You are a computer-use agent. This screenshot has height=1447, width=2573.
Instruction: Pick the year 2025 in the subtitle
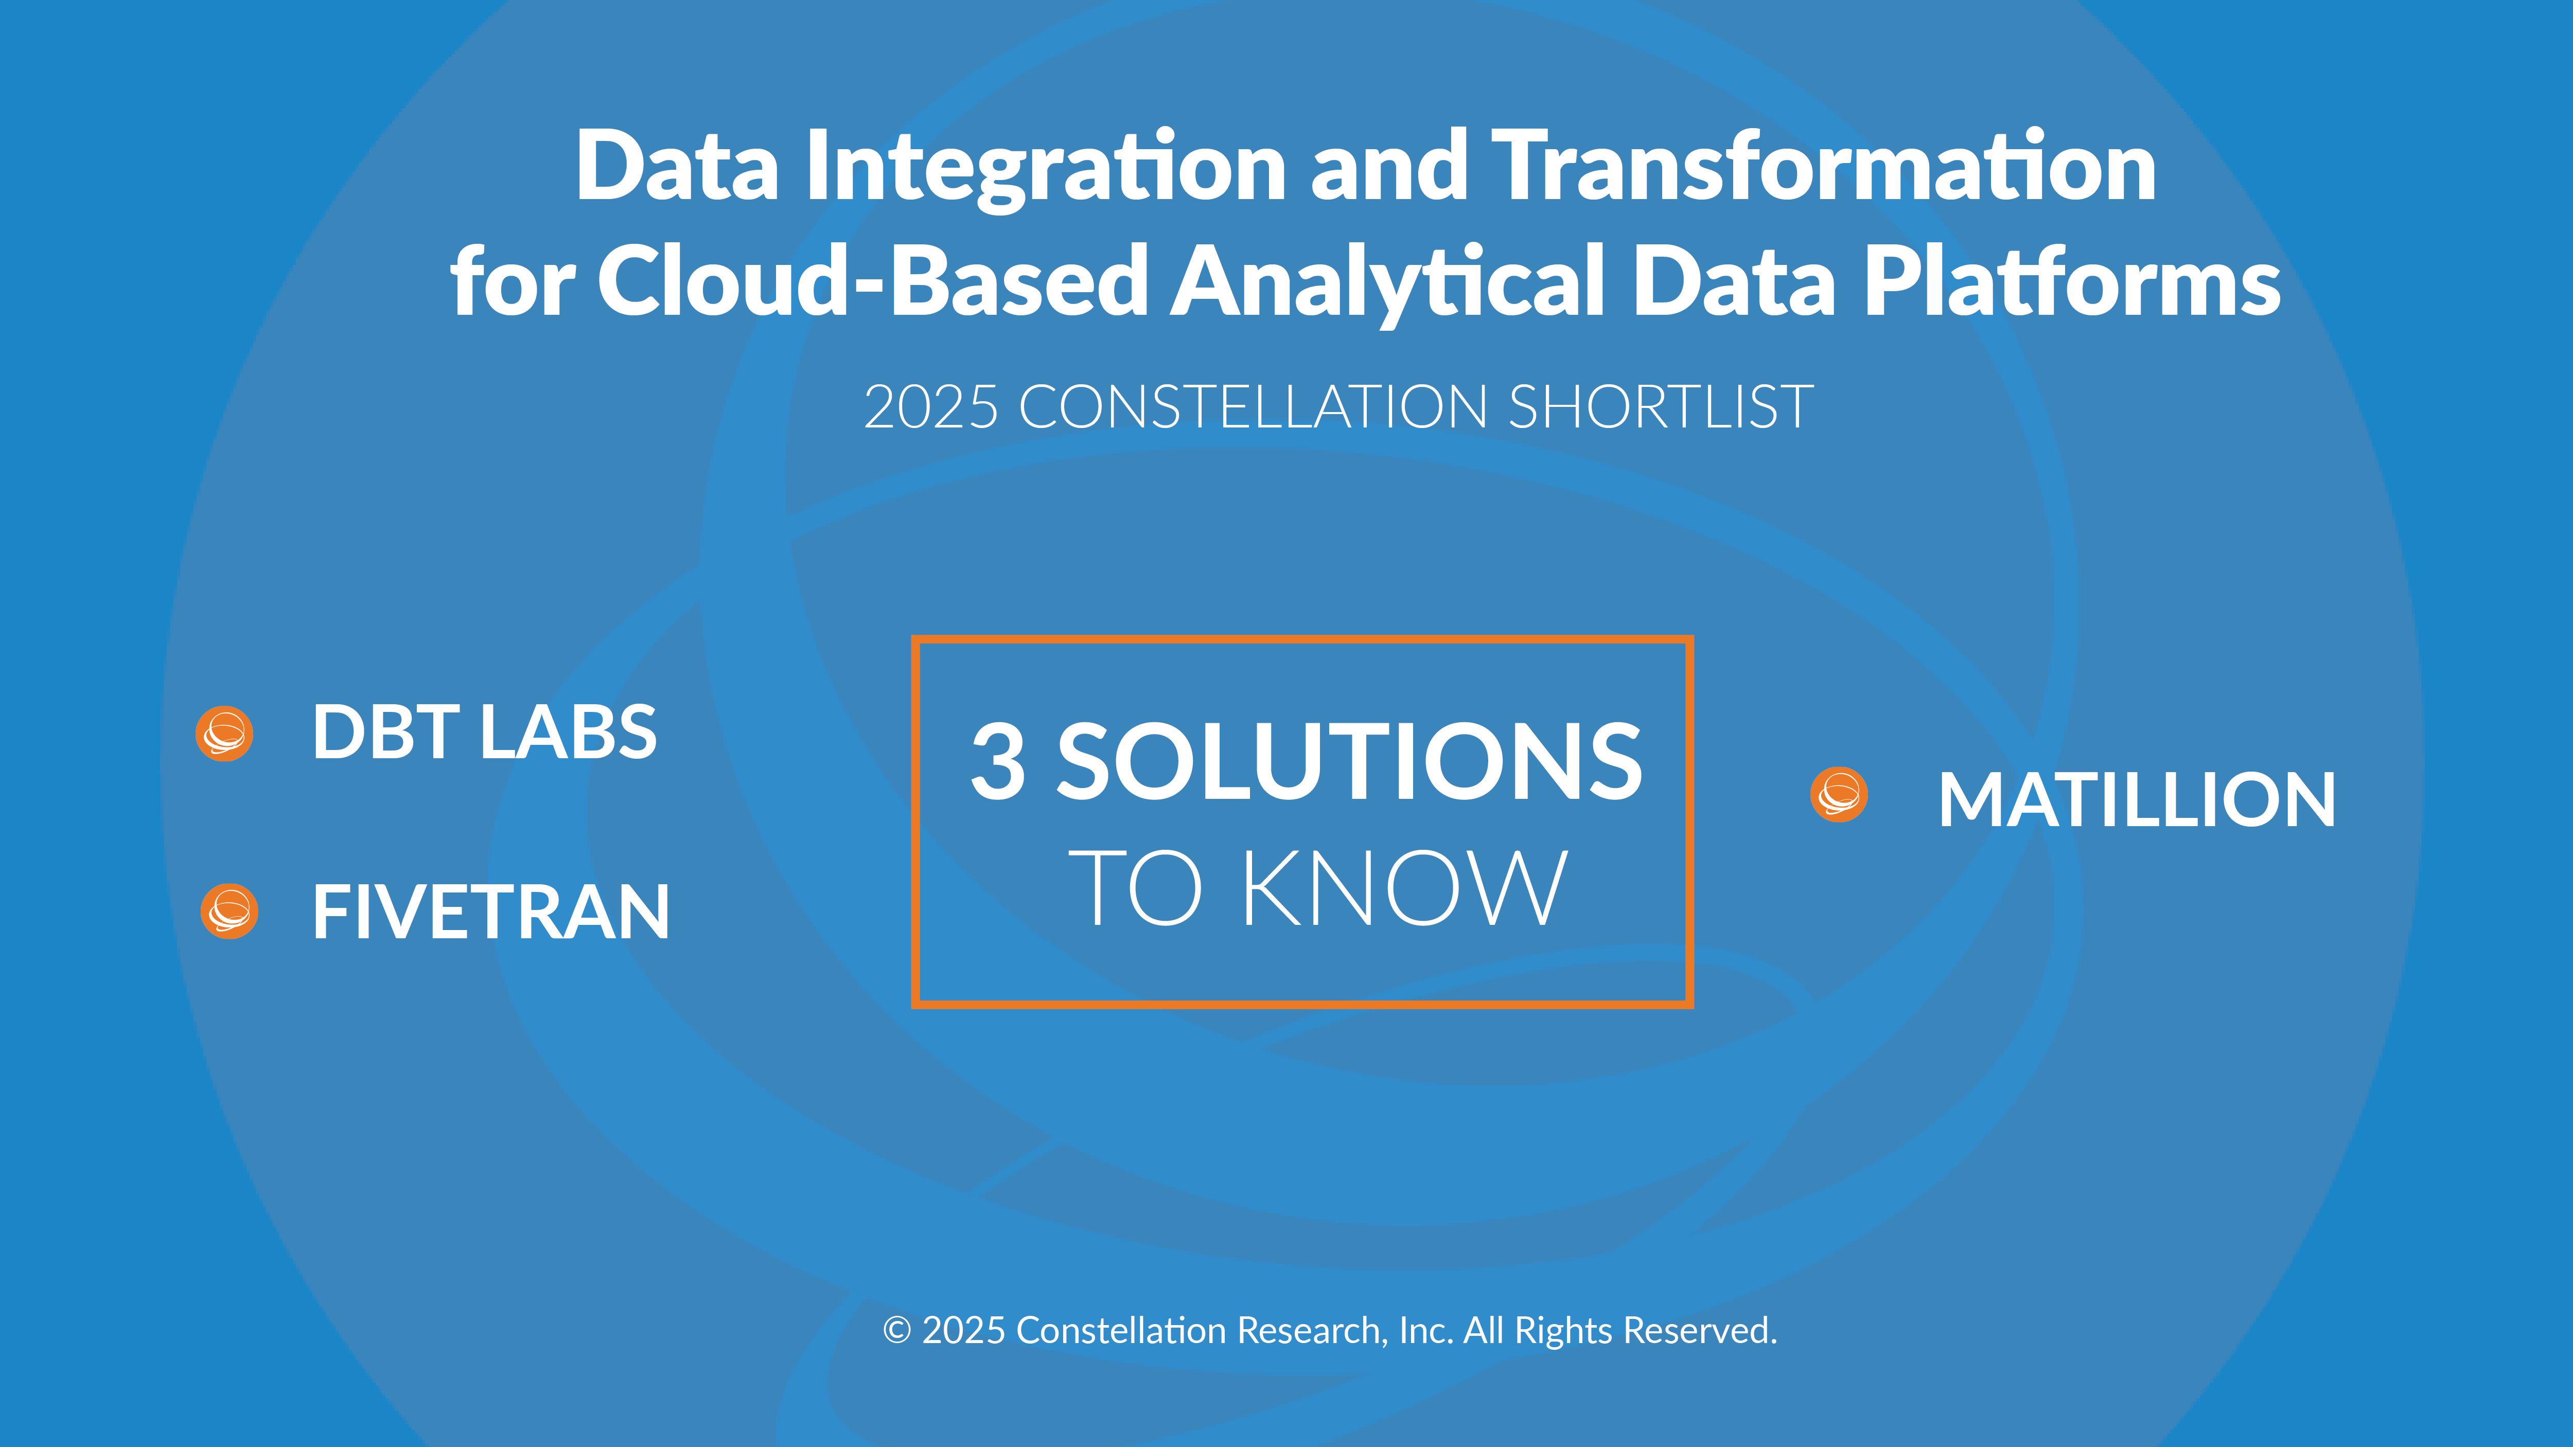coord(931,407)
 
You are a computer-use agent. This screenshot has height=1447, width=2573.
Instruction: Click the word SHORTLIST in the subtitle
coord(1660,407)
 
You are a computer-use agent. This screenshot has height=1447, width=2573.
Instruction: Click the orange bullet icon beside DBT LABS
coord(224,734)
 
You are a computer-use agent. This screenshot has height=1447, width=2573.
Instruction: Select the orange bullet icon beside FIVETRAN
coord(228,912)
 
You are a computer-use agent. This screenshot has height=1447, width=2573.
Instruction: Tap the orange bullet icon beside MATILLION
coord(1839,795)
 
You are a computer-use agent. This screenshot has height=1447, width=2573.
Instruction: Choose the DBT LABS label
coord(484,732)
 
